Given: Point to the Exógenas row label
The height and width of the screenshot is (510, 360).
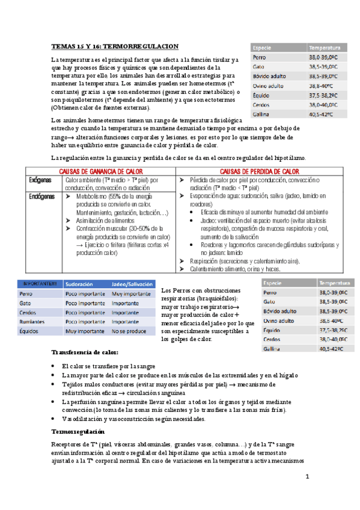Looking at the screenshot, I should click(x=40, y=180).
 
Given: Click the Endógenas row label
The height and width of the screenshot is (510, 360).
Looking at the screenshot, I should click(x=41, y=196).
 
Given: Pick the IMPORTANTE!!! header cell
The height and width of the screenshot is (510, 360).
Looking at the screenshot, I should click(x=40, y=283).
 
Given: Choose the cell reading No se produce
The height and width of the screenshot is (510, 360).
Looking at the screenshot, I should click(x=128, y=331).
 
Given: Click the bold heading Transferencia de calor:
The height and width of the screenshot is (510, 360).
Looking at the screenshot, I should click(x=85, y=352).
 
